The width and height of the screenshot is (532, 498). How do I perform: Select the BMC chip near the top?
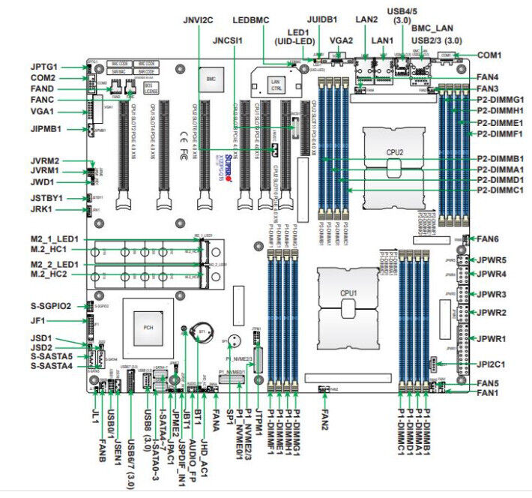pyautogui.click(x=211, y=77)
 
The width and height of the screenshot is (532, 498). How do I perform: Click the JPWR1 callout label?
pyautogui.click(x=497, y=339)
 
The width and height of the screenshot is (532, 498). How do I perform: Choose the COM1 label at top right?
pyautogui.click(x=489, y=55)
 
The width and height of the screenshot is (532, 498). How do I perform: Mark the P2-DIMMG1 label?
pyautogui.click(x=501, y=100)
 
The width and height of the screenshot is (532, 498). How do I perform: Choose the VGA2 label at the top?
pyautogui.click(x=342, y=40)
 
